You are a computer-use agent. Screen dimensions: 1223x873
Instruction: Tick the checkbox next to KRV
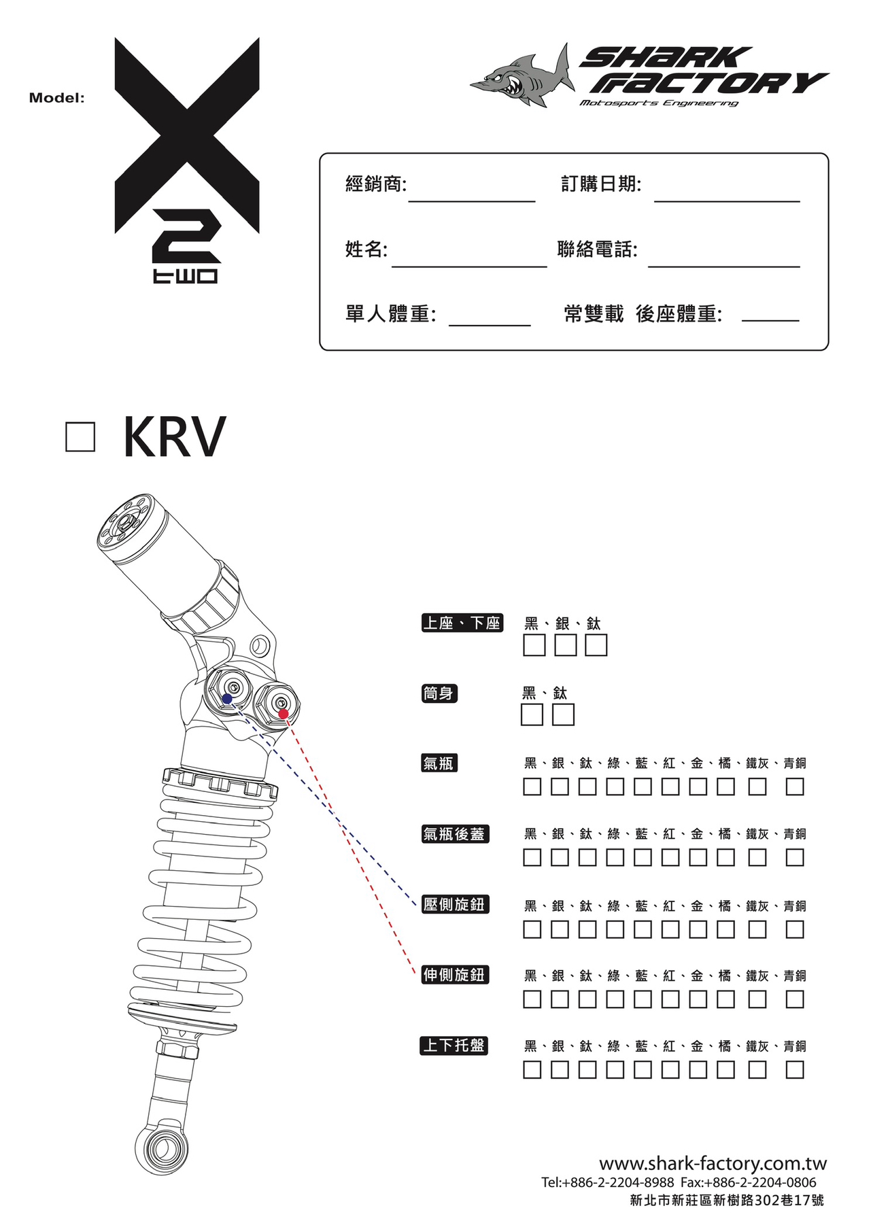[x=80, y=436]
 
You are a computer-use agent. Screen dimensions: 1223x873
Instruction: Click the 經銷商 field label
[x=375, y=184]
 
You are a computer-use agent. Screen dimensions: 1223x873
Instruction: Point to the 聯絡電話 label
[x=597, y=249]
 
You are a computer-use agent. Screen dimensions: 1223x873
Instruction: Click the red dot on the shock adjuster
[x=284, y=713]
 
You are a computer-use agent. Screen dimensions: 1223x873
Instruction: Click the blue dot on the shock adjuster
[x=226, y=699]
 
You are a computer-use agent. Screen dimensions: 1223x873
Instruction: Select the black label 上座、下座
[x=462, y=623]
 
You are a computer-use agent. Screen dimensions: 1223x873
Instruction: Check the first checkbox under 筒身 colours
[x=532, y=714]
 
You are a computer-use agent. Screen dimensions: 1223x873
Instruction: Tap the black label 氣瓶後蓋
[x=455, y=833]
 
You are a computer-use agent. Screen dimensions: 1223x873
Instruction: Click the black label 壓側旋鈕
[x=455, y=904]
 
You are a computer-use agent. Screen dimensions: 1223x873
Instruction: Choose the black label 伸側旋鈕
[x=455, y=975]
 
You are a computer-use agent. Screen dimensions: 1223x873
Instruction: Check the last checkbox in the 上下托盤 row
[x=794, y=1070]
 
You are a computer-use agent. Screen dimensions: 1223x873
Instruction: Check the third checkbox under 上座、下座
[x=596, y=645]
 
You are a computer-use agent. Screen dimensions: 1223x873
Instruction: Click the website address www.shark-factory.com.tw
[x=713, y=1163]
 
